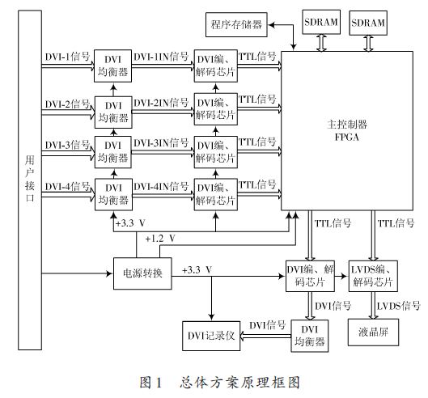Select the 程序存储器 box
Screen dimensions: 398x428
tap(235, 24)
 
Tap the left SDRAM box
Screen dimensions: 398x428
tap(321, 24)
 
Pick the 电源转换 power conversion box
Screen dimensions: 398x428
tap(142, 273)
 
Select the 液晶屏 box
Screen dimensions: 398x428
tap(371, 332)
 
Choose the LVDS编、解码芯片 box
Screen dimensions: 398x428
tap(372, 275)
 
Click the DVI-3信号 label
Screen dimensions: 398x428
tap(68, 146)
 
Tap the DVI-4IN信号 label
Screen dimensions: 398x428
tap(161, 187)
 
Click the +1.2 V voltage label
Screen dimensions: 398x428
tap(159, 238)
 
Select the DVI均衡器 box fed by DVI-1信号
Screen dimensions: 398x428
tap(112, 67)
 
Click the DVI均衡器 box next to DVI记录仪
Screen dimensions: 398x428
tap(310, 335)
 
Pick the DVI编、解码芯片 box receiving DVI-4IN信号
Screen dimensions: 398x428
tap(214, 195)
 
